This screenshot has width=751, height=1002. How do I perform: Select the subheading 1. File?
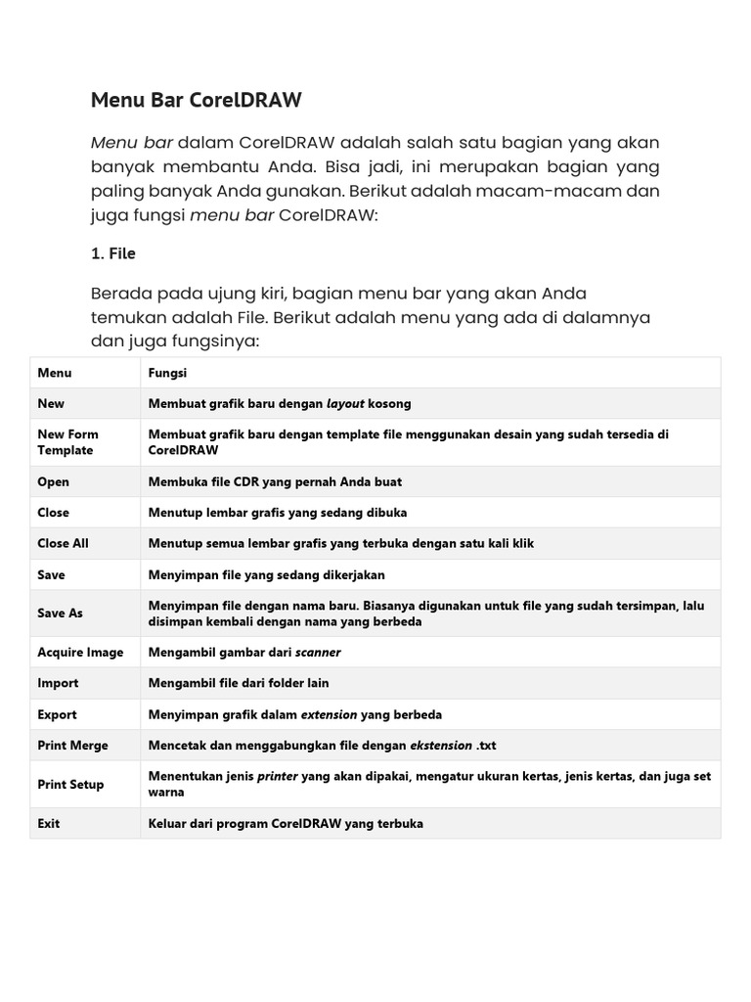point(112,253)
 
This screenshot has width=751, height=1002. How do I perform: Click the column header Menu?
point(55,373)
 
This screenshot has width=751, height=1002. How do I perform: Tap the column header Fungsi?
point(167,373)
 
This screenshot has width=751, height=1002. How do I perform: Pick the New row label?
point(51,403)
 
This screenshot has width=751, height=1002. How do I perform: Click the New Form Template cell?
point(67,442)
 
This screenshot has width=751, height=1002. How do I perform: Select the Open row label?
point(54,481)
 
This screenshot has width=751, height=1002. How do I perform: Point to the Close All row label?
point(63,542)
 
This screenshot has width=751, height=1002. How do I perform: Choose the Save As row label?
point(60,613)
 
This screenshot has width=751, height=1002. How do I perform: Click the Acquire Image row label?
point(80,652)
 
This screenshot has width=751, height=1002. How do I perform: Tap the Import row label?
point(58,683)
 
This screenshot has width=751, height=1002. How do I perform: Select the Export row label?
point(57,714)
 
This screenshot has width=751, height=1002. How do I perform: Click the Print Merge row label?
point(72,745)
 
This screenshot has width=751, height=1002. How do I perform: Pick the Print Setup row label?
point(70,784)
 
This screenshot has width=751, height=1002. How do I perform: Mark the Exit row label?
point(49,823)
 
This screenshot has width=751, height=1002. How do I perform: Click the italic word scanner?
point(318,652)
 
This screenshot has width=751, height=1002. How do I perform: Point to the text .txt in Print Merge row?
point(486,745)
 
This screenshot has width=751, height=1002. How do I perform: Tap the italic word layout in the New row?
point(345,403)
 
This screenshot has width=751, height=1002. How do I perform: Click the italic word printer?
point(277,776)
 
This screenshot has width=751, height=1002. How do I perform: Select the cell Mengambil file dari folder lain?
point(239,683)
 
